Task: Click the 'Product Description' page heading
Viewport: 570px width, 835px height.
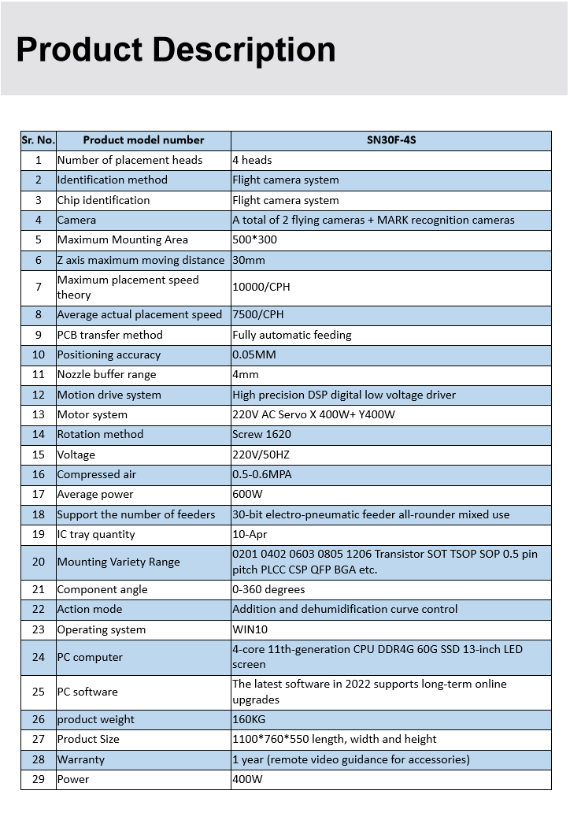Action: point(176,50)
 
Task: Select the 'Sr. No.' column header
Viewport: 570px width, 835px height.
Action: point(38,140)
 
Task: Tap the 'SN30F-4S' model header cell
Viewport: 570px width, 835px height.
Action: point(390,140)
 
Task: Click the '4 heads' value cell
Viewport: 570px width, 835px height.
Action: point(252,160)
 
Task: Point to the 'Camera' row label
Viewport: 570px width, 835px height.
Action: point(76,220)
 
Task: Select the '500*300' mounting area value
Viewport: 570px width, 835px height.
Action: point(254,239)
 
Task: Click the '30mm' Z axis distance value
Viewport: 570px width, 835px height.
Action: point(249,260)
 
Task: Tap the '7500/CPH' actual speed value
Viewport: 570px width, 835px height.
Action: point(258,315)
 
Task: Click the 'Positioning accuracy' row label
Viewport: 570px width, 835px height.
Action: point(109,354)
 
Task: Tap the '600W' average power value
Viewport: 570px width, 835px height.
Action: point(247,494)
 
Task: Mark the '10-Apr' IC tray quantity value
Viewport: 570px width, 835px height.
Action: point(250,534)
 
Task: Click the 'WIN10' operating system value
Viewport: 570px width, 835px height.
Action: point(250,629)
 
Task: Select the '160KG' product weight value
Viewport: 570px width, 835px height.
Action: point(250,719)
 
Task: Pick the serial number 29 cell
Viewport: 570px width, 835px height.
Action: point(38,779)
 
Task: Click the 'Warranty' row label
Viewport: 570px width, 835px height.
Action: point(80,759)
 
